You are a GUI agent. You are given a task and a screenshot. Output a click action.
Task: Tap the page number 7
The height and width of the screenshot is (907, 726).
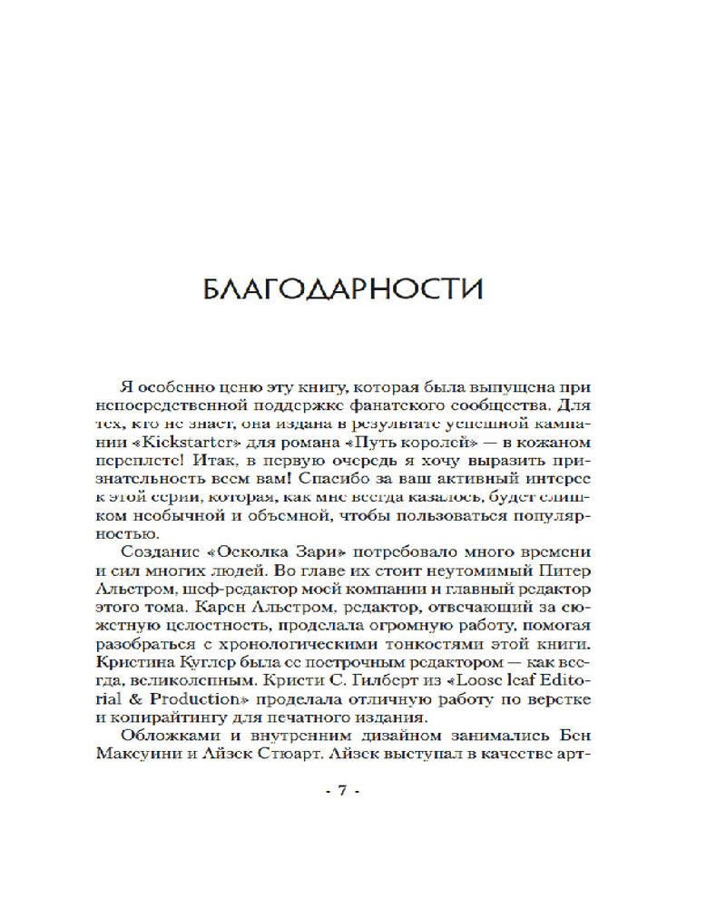343,790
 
